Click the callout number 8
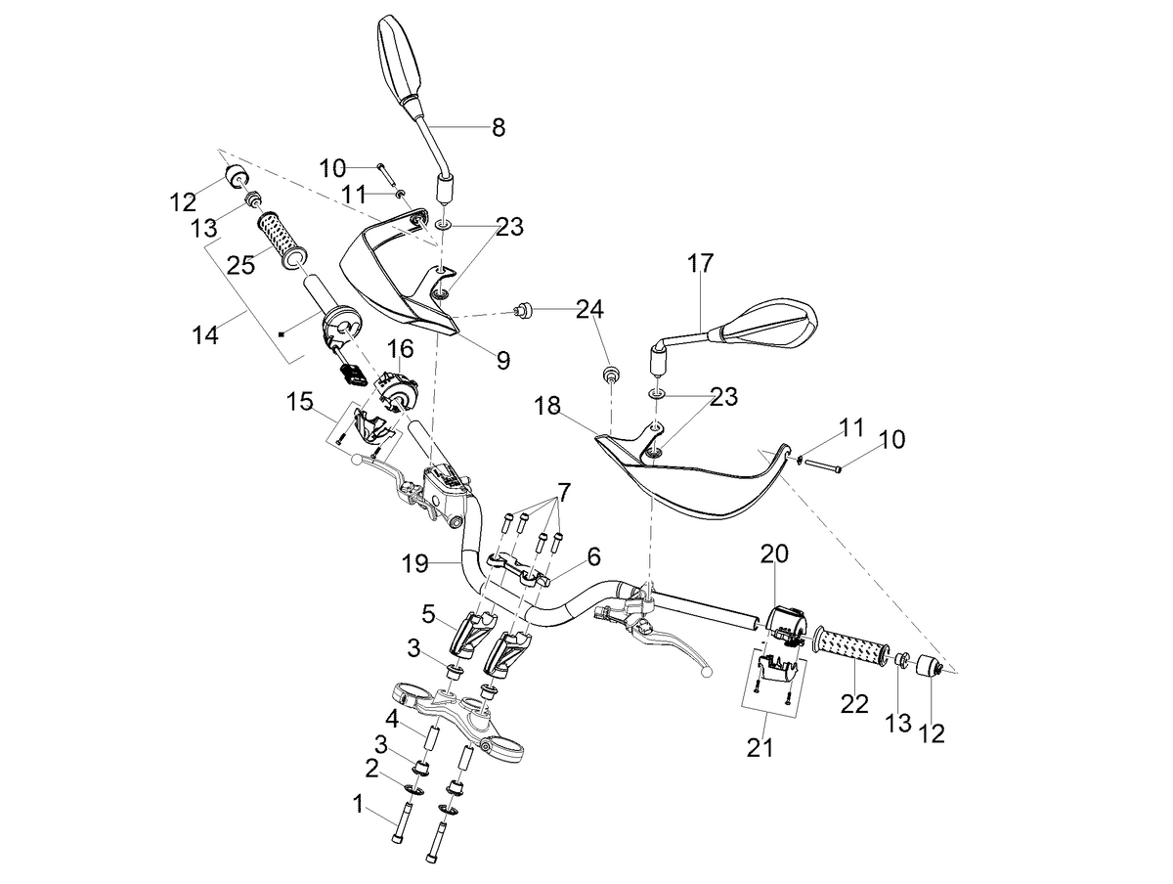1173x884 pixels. tap(499, 127)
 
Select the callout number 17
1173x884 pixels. tap(700, 263)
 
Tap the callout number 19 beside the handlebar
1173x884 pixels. tap(415, 563)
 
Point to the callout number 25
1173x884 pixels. tap(240, 265)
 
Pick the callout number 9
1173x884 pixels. tap(503, 360)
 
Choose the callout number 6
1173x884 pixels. tap(593, 555)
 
